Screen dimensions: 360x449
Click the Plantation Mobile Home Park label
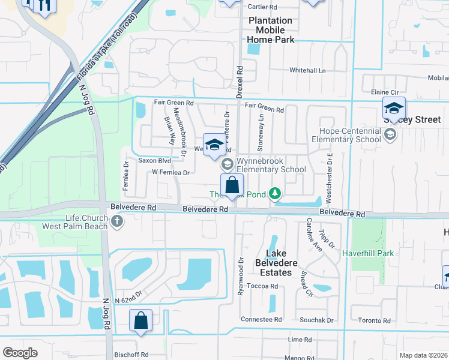click(271, 30)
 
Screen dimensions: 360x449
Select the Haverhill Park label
click(368, 253)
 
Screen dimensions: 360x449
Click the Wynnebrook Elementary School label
click(271, 165)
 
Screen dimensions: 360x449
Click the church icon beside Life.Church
click(117, 223)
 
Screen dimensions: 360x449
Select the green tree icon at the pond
click(275, 193)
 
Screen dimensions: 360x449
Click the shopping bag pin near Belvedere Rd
click(232, 186)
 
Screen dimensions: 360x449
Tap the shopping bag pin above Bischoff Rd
click(140, 321)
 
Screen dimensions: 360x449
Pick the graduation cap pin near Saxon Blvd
click(214, 145)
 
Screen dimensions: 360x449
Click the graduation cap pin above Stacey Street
click(394, 109)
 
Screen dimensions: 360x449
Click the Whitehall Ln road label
click(307, 70)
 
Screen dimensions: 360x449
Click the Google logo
click(20, 353)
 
